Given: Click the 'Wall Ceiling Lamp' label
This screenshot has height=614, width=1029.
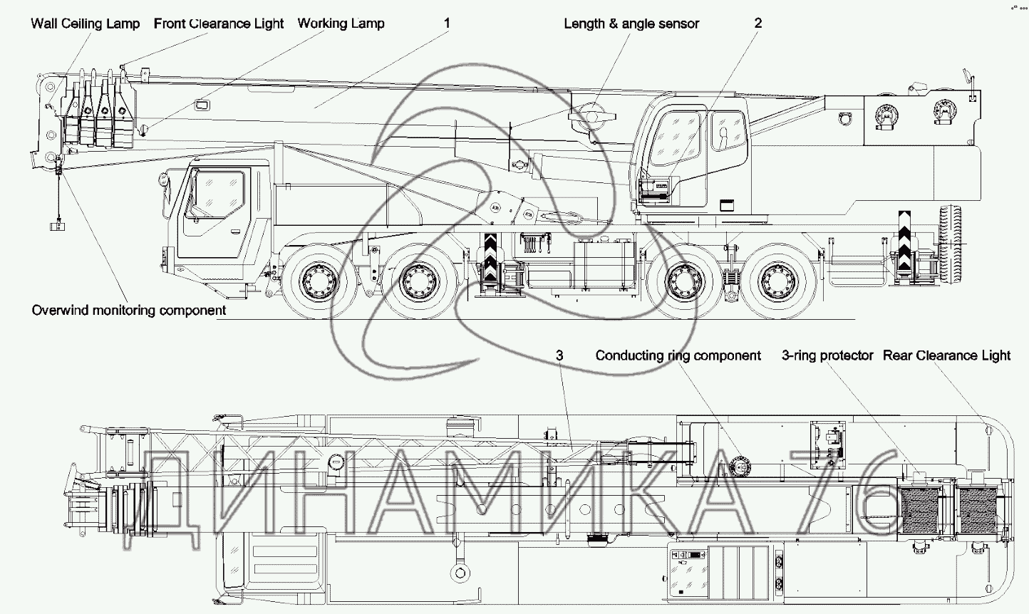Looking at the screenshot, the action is (85, 24).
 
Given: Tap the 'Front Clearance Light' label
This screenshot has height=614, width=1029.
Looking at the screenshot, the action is (219, 24).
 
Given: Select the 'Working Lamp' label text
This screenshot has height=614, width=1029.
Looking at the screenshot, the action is (341, 24).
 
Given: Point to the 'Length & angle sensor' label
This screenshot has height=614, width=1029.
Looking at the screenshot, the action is (631, 24).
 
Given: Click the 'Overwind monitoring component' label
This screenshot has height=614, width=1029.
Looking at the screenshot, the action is (128, 311).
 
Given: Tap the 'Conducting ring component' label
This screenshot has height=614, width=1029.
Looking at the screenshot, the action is (678, 355).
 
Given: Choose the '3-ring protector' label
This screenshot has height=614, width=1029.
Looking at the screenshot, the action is (827, 355).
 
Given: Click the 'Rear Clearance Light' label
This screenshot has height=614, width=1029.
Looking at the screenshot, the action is (946, 355).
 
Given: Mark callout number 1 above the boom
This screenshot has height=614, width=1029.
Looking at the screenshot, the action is (447, 23).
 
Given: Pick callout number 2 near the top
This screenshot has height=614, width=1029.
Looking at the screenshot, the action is (758, 23).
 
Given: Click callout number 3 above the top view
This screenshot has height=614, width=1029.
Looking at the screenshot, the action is (559, 355).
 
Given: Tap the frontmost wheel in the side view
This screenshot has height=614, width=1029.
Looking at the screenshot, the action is (319, 281).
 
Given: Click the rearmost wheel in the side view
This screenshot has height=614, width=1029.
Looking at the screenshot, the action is (779, 281).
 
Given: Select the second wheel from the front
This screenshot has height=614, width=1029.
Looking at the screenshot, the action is (420, 281).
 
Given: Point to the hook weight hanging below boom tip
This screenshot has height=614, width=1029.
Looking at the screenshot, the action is (58, 226).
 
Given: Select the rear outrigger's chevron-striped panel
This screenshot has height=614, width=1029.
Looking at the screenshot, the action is (904, 241).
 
